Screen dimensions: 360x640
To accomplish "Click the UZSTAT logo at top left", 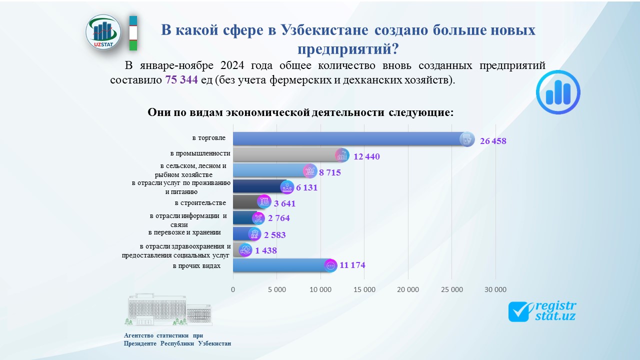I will (x=103, y=32).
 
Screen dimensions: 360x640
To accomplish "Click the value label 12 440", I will (x=366, y=156).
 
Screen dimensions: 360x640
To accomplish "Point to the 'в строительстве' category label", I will (x=200, y=202).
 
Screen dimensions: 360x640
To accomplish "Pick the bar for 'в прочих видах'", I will (x=280, y=265).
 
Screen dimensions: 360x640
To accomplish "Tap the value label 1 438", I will (x=265, y=250).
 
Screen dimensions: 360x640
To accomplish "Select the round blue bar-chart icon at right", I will (x=557, y=92).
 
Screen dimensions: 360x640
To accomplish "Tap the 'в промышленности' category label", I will (x=200, y=153).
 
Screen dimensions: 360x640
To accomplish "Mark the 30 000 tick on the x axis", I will (x=495, y=289).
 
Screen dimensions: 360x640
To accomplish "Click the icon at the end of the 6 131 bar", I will (x=287, y=187).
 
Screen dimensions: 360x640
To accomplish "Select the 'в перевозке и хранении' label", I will (x=184, y=232).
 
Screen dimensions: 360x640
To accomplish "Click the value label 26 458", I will (x=492, y=141).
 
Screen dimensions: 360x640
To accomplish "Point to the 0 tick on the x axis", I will (x=233, y=289).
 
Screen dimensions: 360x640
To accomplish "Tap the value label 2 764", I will (x=278, y=218).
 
